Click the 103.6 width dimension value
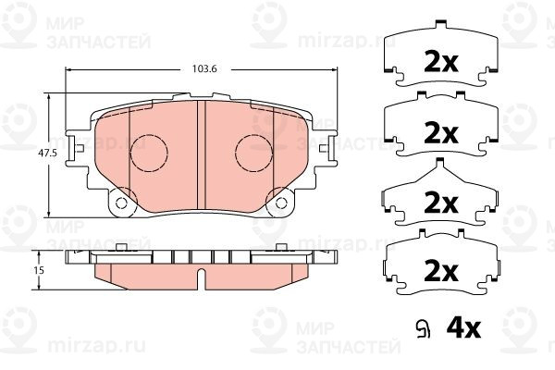pos(204,69)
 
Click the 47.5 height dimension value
pos(48,154)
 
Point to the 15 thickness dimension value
pos(39,270)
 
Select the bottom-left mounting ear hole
pos(121,203)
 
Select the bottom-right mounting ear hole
pos(281,203)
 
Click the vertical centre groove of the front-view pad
pos(202,155)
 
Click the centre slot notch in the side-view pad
pos(202,276)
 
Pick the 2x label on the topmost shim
pos(441,63)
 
